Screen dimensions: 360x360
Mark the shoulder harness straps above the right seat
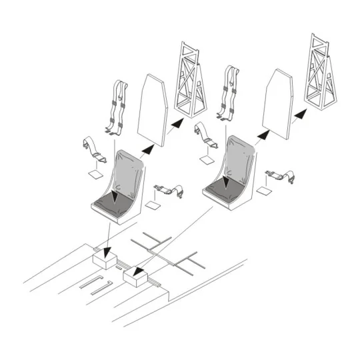click(x=232, y=93)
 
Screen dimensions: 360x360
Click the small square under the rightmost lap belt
click(x=264, y=191)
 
